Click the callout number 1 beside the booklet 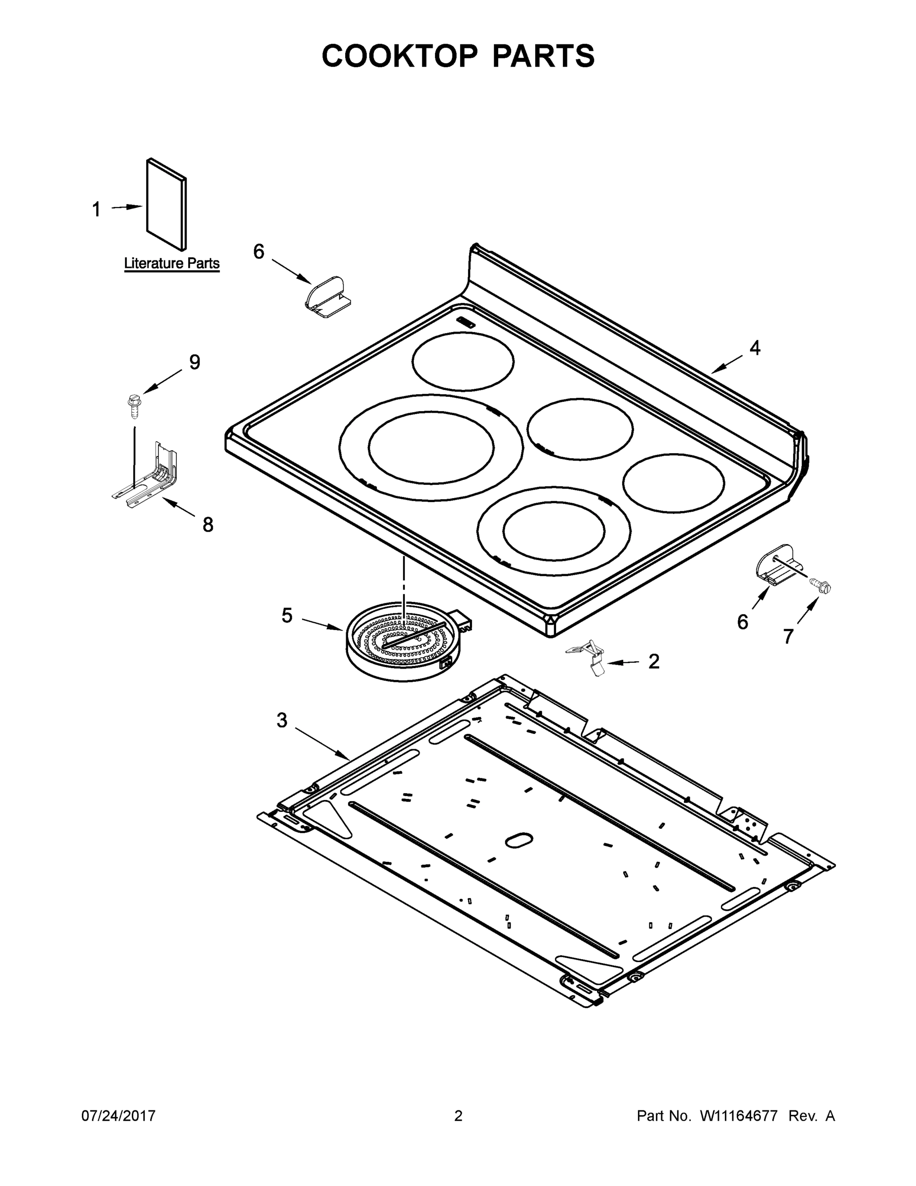point(96,209)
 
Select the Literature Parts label point(171,263)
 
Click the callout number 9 point(194,362)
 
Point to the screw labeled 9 point(132,405)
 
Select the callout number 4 point(755,348)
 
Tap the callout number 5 point(286,615)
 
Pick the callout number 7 point(788,636)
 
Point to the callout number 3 point(281,720)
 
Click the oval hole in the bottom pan point(519,840)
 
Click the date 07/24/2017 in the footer point(119,1115)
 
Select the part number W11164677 point(739,1115)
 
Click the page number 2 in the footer point(458,1115)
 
